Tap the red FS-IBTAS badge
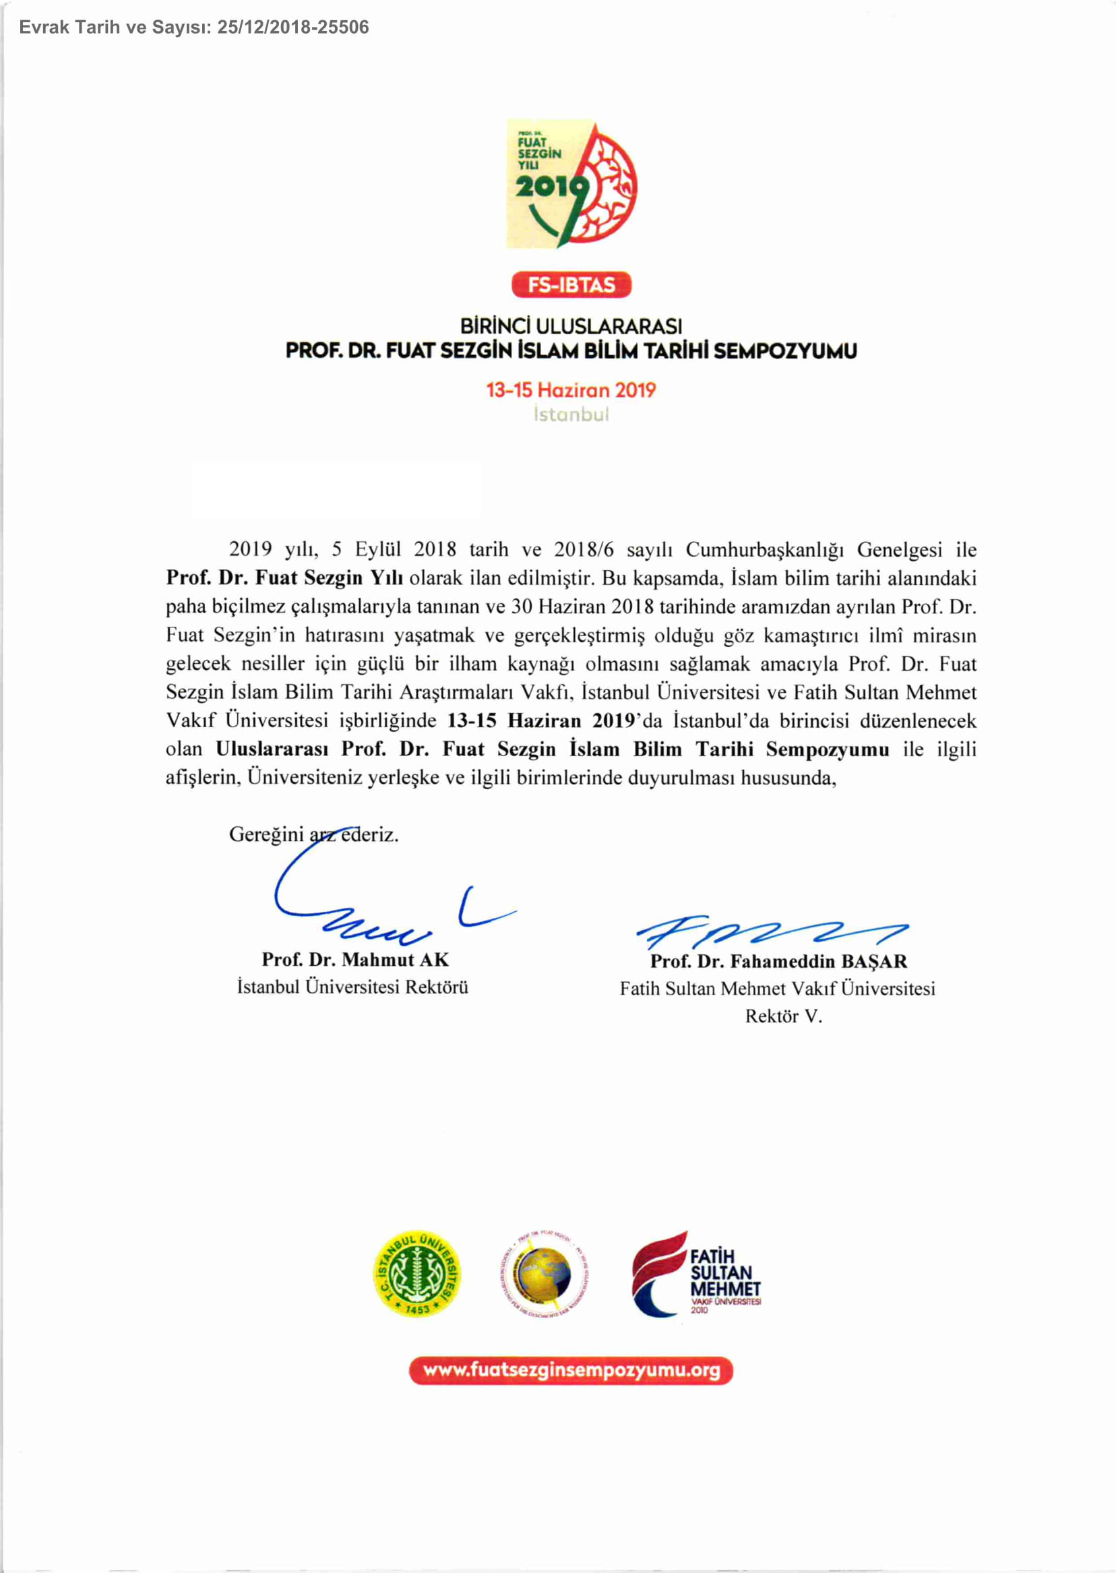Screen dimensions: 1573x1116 (x=571, y=284)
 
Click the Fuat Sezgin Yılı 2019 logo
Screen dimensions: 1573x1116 (x=571, y=183)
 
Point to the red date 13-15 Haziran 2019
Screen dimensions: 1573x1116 (x=571, y=390)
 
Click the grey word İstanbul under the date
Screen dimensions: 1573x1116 (x=571, y=414)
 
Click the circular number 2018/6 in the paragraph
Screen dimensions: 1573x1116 (x=583, y=549)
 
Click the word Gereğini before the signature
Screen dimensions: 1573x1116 (x=266, y=834)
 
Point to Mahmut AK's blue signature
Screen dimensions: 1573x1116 (x=371, y=907)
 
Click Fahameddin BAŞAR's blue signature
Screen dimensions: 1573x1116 (x=770, y=932)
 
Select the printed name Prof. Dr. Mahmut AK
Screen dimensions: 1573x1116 (x=354, y=958)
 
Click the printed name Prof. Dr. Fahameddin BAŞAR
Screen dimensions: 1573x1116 (x=778, y=960)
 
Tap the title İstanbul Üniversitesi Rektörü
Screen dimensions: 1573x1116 (x=352, y=987)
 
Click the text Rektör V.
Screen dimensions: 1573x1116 (x=783, y=1016)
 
